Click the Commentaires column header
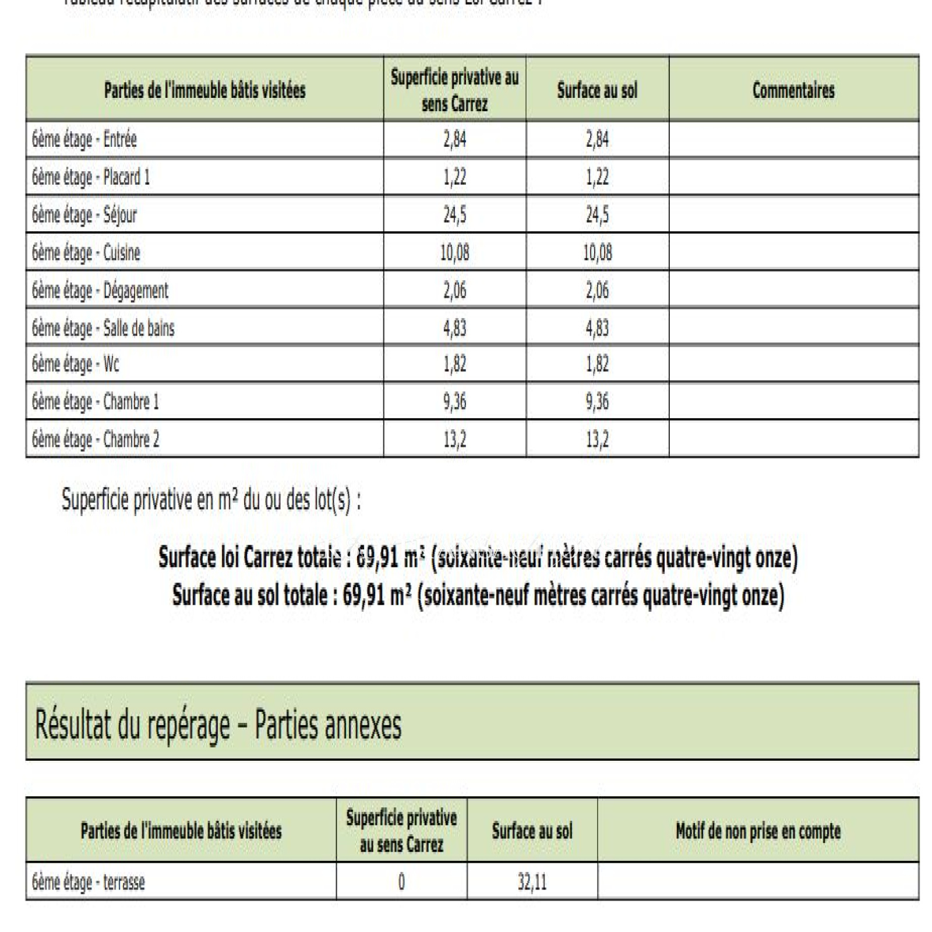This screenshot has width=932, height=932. tap(793, 90)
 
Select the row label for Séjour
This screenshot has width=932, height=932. tap(84, 215)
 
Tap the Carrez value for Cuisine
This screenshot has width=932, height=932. tap(454, 253)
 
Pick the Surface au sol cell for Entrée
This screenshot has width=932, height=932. tap(597, 140)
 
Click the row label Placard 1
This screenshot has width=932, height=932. tap(91, 177)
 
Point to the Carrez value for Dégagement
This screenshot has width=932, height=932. tap(454, 290)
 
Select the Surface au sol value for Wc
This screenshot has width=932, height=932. tap(597, 364)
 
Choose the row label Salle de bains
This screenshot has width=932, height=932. tap(103, 329)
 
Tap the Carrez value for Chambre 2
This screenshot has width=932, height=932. tap(454, 439)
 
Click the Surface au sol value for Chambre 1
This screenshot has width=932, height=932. tap(597, 401)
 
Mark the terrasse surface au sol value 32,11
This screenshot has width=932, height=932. tap(532, 882)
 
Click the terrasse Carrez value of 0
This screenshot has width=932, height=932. tap(401, 882)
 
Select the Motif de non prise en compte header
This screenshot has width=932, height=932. tap(758, 831)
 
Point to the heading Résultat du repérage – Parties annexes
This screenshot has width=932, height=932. tap(218, 725)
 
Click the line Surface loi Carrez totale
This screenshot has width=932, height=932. tap(478, 557)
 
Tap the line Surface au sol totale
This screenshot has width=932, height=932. tap(478, 595)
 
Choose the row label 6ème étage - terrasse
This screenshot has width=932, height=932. tap(89, 882)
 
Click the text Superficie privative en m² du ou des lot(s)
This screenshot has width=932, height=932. tap(211, 500)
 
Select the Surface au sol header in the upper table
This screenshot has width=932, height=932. tap(597, 90)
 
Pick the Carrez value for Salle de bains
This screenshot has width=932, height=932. tap(454, 328)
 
